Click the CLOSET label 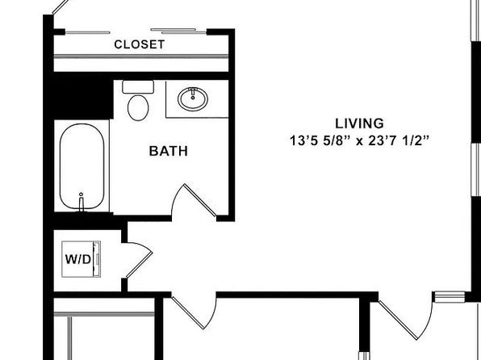(140, 44)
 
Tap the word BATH (169, 151)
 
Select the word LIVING (359, 123)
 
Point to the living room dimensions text (359, 141)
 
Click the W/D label (78, 259)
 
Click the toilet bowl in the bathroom (138, 107)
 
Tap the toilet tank (138, 87)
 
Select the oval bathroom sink (193, 98)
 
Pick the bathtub (82, 166)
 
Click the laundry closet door (139, 260)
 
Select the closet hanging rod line (141, 57)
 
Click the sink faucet (193, 94)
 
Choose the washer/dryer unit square (81, 259)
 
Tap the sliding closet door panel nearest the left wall (88, 32)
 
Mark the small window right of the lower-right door (450, 297)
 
